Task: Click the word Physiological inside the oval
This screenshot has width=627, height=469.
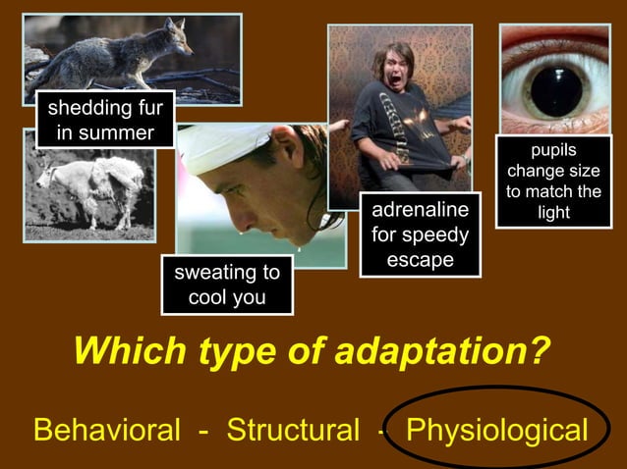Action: click(x=497, y=430)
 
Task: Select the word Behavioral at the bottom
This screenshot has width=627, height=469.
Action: click(x=107, y=430)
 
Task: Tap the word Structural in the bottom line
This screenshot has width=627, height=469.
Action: click(x=293, y=430)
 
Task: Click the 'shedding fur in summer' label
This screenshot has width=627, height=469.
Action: click(x=105, y=119)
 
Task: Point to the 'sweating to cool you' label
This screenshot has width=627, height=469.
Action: click(x=227, y=285)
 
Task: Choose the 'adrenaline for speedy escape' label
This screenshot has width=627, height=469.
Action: click(x=420, y=235)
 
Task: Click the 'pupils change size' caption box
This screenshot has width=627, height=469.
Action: click(x=553, y=182)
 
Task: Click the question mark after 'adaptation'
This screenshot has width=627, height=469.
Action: click(x=539, y=350)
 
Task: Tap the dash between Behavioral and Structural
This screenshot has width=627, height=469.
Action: click(x=203, y=431)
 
